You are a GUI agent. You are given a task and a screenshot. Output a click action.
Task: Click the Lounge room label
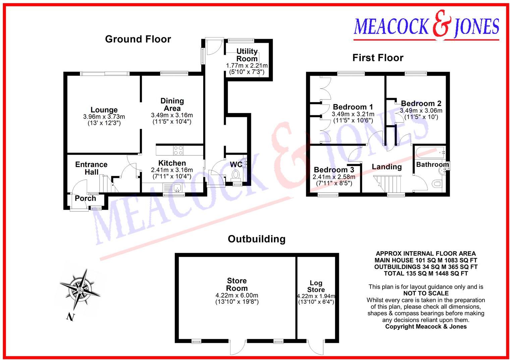coord(104,110)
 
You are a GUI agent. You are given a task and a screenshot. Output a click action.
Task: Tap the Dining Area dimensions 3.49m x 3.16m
coord(172,115)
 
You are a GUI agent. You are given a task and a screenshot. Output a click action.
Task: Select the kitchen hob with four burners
coord(178,150)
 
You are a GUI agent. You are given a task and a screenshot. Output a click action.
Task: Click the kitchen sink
coord(177,188)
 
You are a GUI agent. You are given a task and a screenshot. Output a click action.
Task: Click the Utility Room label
coord(247,55)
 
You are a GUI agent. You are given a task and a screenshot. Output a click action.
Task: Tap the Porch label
coord(85,199)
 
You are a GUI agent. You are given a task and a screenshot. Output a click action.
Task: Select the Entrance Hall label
coord(91,168)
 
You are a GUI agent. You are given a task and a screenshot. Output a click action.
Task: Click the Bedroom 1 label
coord(353,107)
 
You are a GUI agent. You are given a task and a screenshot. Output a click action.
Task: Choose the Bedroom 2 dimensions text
coord(421,114)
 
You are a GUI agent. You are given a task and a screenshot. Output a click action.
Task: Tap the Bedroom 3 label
coord(334,170)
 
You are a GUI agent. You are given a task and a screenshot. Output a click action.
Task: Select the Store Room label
coord(236,285)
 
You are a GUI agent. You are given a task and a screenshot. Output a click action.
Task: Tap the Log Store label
coord(316,286)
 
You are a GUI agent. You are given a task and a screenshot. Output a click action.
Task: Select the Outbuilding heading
coord(257,239)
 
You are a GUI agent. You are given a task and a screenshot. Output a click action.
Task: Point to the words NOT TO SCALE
coord(426,293)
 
